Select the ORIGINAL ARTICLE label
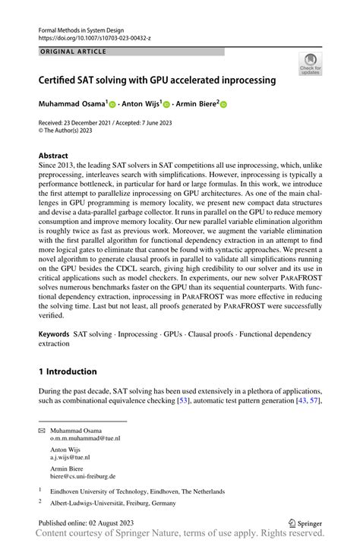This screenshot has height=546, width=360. (x=72, y=52)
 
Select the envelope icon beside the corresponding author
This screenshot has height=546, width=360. (x=42, y=430)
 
